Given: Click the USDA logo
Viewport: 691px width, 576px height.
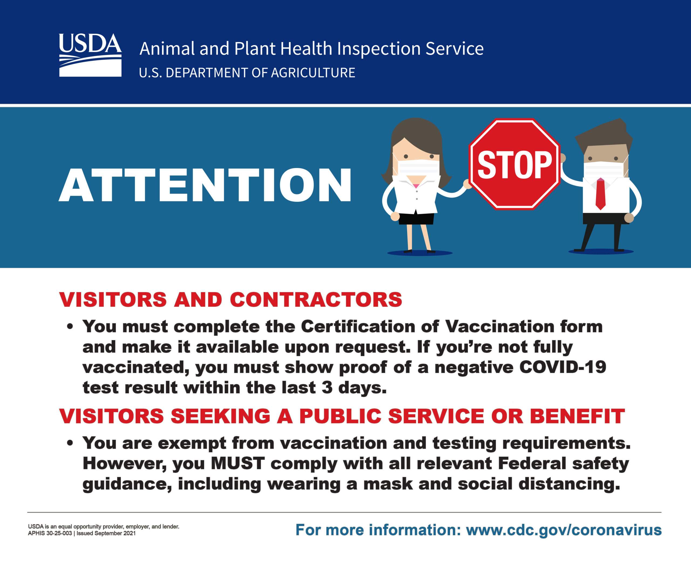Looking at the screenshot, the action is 90,55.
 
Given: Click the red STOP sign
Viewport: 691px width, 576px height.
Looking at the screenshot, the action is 514,164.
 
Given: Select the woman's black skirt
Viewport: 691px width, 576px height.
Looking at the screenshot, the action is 416,218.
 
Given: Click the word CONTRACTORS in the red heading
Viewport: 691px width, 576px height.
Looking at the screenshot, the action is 316,299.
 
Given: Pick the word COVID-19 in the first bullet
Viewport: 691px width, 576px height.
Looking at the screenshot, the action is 563,367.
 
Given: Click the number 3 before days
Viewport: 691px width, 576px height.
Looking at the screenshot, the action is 327,388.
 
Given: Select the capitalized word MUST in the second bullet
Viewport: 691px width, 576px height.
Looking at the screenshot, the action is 238,463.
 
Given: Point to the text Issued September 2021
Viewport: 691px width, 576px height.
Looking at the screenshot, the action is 106,533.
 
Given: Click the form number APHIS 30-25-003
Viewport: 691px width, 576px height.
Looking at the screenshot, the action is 50,533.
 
